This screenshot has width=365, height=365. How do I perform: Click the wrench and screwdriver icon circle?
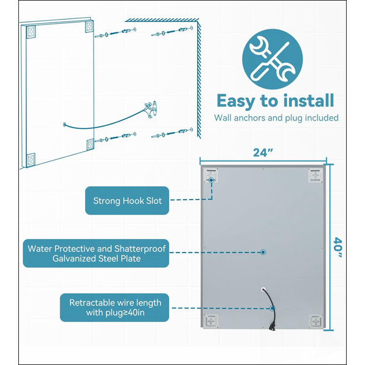pyautogui.click(x=273, y=59)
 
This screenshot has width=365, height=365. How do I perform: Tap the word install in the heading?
pyautogui.click(x=309, y=100)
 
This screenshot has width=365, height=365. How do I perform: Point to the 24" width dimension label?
pyautogui.click(x=263, y=153)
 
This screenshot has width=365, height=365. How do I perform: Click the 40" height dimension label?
pyautogui.click(x=338, y=247)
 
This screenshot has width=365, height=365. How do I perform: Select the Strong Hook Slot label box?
pyautogui.click(x=127, y=200)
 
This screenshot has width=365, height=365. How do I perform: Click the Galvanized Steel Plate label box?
pyautogui.click(x=96, y=253)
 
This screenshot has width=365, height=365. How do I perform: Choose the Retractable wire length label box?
pyautogui.click(x=115, y=307)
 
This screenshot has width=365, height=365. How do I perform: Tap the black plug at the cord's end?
pyautogui.click(x=272, y=326)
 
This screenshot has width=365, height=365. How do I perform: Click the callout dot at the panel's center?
pyautogui.click(x=263, y=252)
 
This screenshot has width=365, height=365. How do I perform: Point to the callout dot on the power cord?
pyautogui.click(x=272, y=308)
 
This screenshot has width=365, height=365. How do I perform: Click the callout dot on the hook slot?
pyautogui.click(x=211, y=180)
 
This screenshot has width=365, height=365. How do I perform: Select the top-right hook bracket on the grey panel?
pyautogui.click(x=316, y=175)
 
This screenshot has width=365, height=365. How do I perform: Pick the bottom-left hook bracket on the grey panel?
pyautogui.click(x=211, y=321)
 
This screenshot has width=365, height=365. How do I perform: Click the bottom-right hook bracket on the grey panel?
pyautogui.click(x=316, y=321)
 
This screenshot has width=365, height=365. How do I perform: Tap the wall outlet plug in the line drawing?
pyautogui.click(x=151, y=109)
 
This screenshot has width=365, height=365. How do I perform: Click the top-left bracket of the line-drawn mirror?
pyautogui.click(x=31, y=32)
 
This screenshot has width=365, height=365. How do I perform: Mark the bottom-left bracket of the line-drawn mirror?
pyautogui.click(x=30, y=160)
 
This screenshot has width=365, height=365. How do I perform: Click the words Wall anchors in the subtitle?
pyautogui.click(x=240, y=118)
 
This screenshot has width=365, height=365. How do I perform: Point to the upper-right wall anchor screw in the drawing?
pyautogui.click(x=172, y=32)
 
